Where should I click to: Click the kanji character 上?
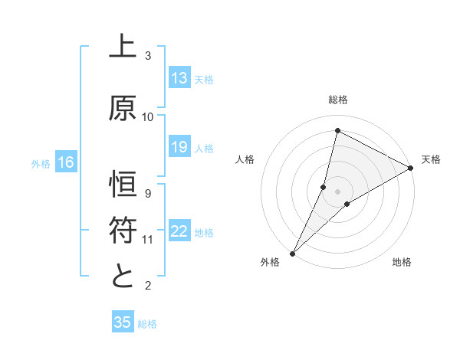(123, 47)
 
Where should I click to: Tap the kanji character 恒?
(123, 185)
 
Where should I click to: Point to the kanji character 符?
(123, 230)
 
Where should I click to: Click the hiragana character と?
(123, 276)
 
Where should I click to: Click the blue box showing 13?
(179, 77)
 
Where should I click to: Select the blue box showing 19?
(179, 146)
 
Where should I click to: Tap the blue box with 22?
(179, 231)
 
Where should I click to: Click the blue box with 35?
(123, 322)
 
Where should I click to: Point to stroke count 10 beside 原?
(148, 116)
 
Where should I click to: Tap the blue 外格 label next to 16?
(41, 162)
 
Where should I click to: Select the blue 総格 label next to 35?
(147, 323)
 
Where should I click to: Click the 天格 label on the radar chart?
(431, 159)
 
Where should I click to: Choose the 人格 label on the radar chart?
(245, 159)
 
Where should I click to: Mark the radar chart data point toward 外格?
(292, 253)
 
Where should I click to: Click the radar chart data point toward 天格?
(411, 168)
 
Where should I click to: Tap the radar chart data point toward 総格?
(337, 131)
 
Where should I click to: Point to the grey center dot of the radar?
(337, 191)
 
